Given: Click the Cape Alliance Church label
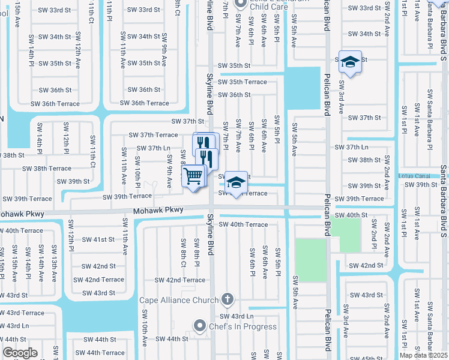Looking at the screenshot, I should click(x=179, y=300).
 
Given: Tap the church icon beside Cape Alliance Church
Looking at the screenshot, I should click(x=227, y=298).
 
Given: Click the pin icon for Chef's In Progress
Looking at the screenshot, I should click(x=200, y=326).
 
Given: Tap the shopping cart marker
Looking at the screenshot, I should click(x=193, y=176).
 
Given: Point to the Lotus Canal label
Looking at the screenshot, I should click(x=415, y=176).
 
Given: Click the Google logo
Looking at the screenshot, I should click(x=20, y=352).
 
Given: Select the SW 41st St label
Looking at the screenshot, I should click(x=95, y=239).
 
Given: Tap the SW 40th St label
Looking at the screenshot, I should click(x=351, y=215).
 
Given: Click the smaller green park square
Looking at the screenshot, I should click(x=350, y=235).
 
